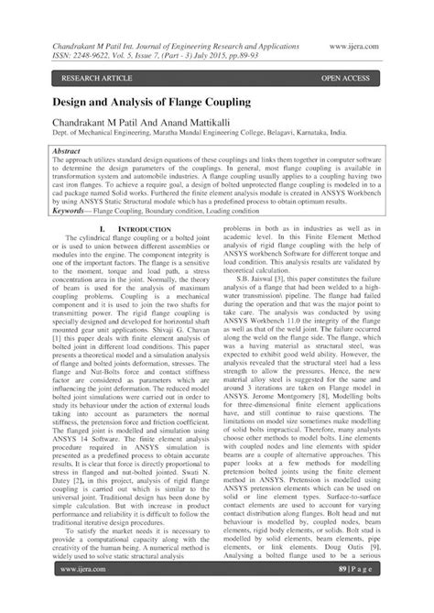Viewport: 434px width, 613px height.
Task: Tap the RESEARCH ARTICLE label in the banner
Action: coord(74,80)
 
